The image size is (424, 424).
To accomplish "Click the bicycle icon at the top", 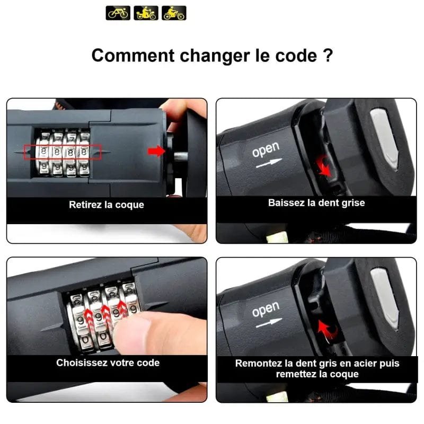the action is coord(118,13).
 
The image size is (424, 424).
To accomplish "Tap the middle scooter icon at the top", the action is coord(146,13).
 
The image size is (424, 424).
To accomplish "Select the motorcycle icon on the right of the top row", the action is coord(174,13).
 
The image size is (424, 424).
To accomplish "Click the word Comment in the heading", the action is coord(133,56).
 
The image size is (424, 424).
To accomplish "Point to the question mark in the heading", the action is coord(328,55).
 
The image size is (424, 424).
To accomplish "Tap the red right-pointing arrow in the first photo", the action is coord(156,151).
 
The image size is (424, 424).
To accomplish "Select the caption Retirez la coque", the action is coord(107,205).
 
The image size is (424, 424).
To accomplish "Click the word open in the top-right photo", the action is coord(266,149).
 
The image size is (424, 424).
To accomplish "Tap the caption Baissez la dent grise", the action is coord(316,203).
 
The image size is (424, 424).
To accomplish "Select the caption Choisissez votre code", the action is coord(108,363).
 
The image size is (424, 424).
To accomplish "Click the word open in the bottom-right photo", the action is coord(266,309).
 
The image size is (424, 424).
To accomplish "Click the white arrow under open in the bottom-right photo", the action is coord(269,323).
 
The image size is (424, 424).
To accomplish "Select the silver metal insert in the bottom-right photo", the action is coord(384,299).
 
